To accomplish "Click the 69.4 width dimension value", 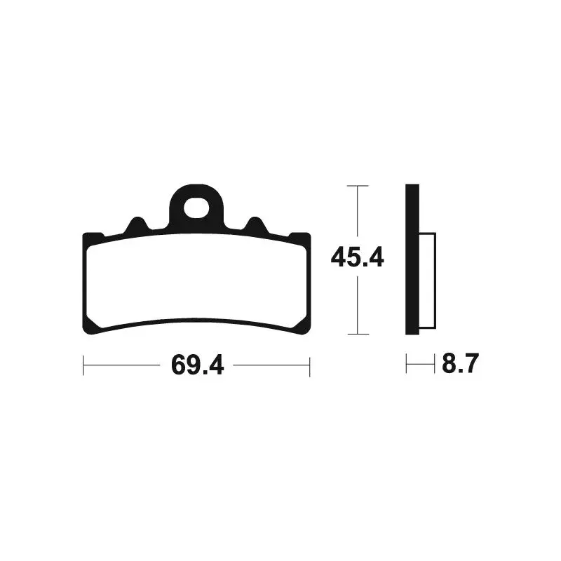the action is click(198, 365).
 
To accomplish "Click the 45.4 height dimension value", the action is click(357, 257).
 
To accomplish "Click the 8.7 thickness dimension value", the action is click(460, 363).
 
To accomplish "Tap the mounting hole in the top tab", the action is click(196, 208).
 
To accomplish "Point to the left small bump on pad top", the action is click(137, 224).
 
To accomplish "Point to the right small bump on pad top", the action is click(255, 224).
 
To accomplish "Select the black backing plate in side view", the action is click(412, 259).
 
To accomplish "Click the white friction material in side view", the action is click(428, 281).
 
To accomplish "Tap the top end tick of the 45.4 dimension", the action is click(358, 186).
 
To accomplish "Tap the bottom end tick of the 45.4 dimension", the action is click(358, 334).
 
